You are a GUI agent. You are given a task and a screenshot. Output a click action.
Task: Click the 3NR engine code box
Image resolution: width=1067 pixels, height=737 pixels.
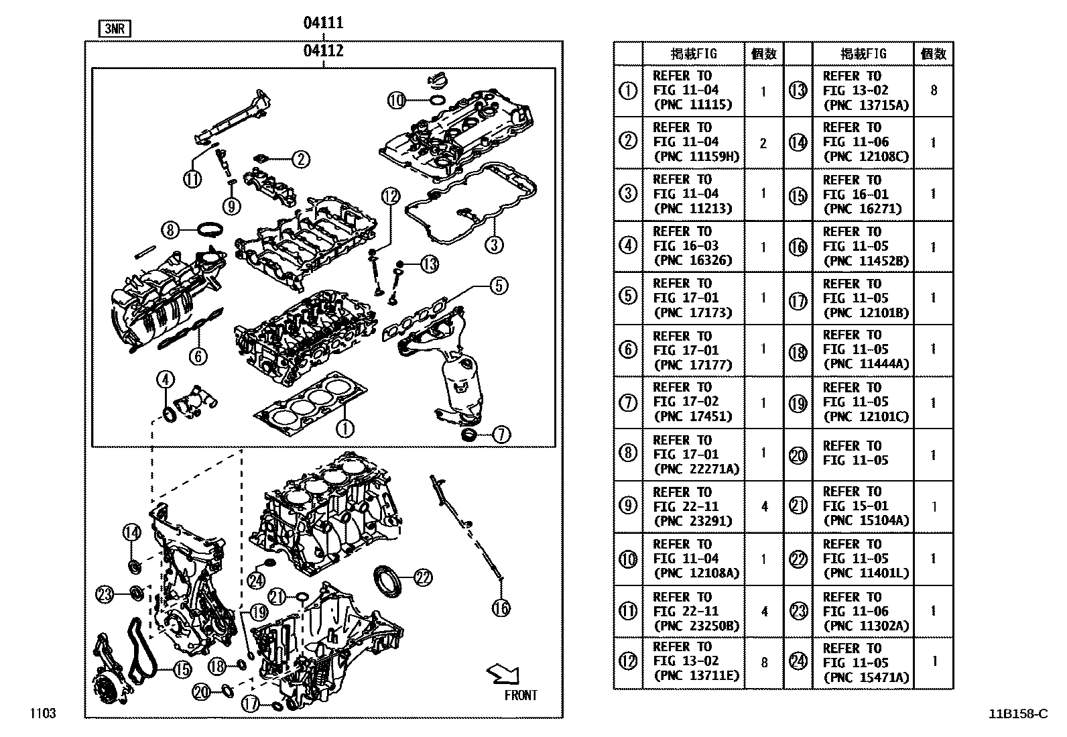pos(115,29)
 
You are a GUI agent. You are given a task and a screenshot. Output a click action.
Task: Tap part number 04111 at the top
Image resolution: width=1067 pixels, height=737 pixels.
pos(323,23)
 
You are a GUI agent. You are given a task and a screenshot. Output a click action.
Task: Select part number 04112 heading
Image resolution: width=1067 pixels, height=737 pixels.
pos(323,50)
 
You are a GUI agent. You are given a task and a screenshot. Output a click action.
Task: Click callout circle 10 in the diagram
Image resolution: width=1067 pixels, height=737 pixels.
pos(397,101)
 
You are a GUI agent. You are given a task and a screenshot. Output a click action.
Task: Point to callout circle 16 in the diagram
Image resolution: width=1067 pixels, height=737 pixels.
pos(501,608)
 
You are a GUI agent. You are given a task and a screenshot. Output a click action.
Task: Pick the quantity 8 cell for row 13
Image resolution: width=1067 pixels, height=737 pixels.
pos(934,91)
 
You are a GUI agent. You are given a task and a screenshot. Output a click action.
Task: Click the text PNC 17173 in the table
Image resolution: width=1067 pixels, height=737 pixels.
pos(693,313)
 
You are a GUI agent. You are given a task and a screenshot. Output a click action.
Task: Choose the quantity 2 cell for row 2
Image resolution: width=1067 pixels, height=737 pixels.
pos(763,143)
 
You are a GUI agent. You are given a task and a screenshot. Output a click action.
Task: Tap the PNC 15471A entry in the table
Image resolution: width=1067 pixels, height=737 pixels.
pos(865,677)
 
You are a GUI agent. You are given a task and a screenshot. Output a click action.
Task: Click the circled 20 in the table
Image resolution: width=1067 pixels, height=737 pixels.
pos(798,455)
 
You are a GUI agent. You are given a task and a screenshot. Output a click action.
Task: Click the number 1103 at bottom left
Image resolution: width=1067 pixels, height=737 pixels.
pos(42,714)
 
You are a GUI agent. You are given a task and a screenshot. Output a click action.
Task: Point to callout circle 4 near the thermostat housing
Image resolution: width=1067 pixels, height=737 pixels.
pos(165,380)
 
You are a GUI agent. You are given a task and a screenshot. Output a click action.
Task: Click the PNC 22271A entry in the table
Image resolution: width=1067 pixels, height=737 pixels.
pos(696,469)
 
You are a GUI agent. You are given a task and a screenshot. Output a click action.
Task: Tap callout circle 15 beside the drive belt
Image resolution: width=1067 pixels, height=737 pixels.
pos(182,669)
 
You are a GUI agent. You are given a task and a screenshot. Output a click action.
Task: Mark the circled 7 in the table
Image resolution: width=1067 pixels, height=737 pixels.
pos(628,402)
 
